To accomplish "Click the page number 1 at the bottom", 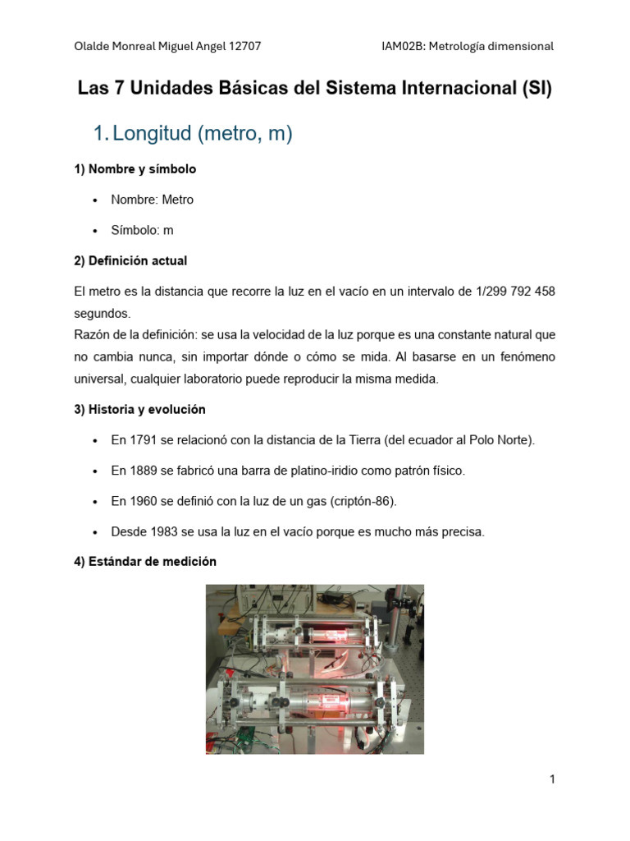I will coord(553,779).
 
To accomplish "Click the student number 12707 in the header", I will coord(244,46).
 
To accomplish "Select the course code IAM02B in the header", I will coord(402,46).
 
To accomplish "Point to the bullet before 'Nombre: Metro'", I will coord(96,200).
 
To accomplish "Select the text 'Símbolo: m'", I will coord(142,230).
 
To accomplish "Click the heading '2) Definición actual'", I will coord(130,260).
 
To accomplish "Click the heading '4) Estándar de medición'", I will coord(145,562).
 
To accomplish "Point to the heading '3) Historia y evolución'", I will coord(139,409).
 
